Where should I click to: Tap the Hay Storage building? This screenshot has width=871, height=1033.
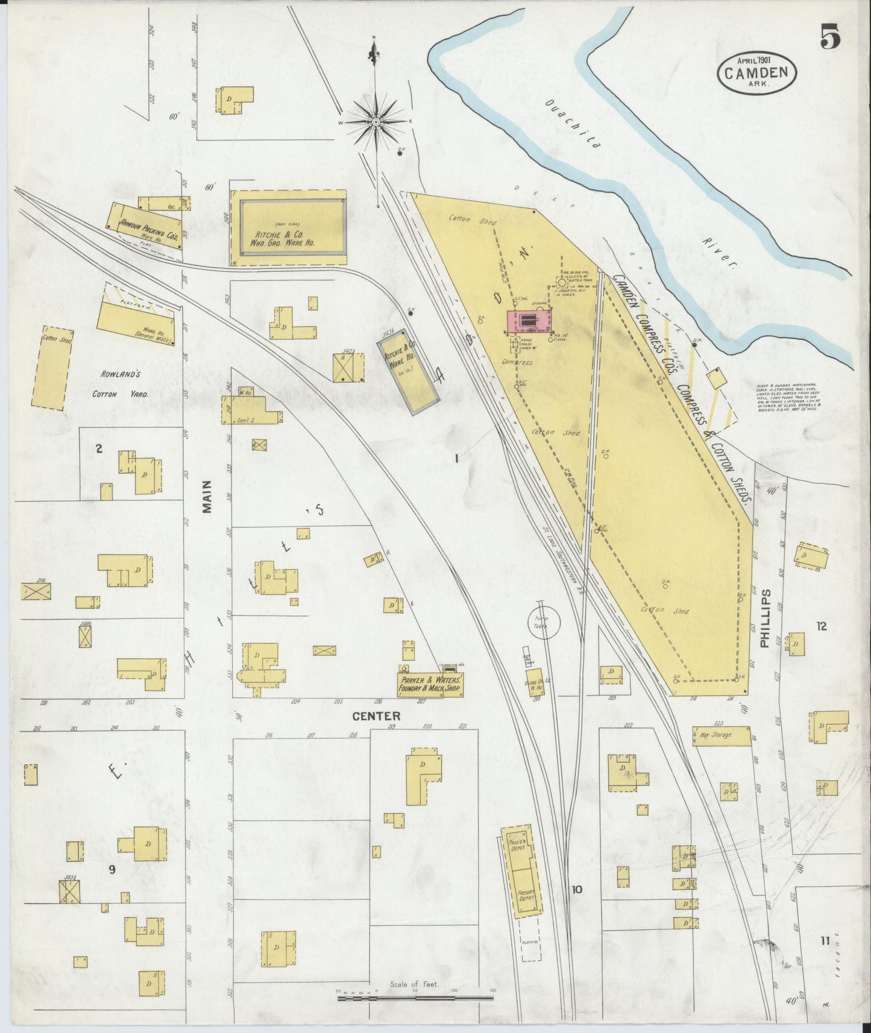[x=722, y=735]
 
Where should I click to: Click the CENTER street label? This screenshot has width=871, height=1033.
[x=376, y=716]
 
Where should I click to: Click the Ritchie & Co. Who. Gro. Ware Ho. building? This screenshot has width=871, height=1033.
[x=288, y=229]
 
